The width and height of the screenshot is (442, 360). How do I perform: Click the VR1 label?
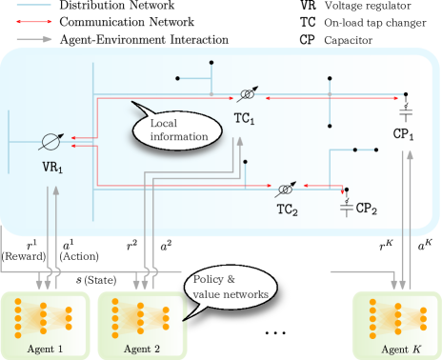coord(51,170)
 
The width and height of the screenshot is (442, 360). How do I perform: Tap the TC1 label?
coord(244,120)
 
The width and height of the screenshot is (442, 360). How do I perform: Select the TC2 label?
coord(288,209)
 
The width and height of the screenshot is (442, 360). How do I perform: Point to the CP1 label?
coord(404,135)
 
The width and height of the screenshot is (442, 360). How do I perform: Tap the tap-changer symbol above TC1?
coord(247,95)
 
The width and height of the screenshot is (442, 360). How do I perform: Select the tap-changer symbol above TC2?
coord(285,187)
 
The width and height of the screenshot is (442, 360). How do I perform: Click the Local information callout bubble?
coord(178,130)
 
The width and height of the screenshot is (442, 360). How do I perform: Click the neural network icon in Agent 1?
coord(42,316)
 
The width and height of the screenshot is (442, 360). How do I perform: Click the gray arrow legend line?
coord(33,38)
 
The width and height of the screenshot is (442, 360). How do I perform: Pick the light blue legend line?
coord(33,5)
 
